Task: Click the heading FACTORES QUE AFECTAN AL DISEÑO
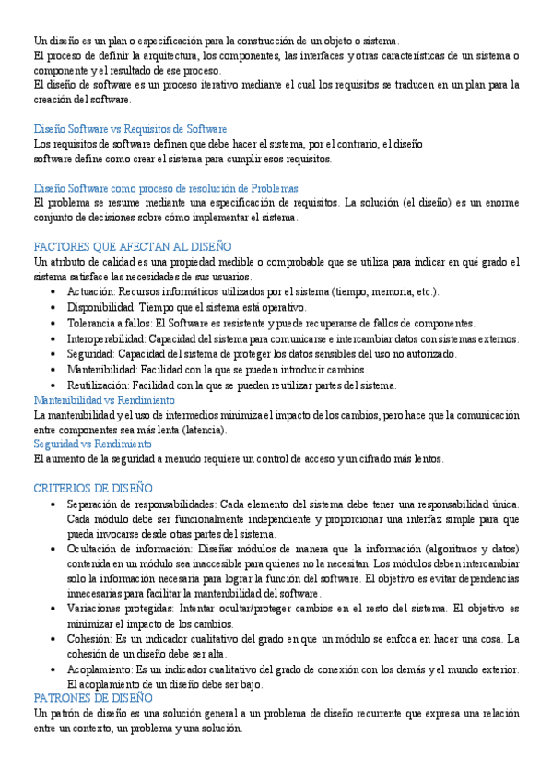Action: (132, 247)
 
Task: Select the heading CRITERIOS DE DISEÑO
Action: (92, 488)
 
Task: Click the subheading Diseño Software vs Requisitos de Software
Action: (130, 129)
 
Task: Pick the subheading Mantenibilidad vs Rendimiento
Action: (103, 400)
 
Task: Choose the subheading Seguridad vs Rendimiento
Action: (92, 444)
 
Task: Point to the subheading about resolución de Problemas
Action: (165, 188)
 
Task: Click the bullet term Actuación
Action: (89, 292)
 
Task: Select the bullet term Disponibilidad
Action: (99, 307)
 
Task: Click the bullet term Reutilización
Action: (98, 385)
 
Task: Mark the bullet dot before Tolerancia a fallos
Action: (58, 324)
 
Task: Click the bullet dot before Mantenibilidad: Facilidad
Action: (58, 370)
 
